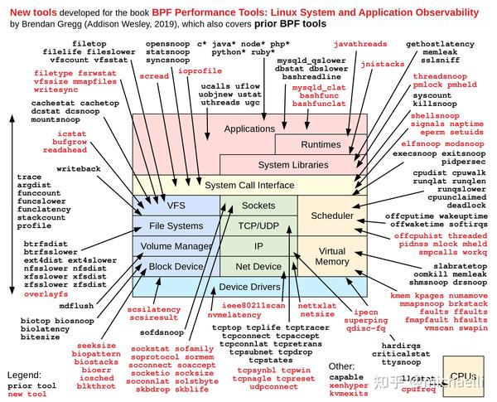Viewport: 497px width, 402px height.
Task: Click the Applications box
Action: [x=248, y=129]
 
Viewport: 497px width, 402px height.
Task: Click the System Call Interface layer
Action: [x=249, y=185]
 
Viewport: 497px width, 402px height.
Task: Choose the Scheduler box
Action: [x=332, y=216]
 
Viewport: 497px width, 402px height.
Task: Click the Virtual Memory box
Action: [x=332, y=256]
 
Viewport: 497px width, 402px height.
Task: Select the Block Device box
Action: [x=176, y=266]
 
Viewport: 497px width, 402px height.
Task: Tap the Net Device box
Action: [x=259, y=266]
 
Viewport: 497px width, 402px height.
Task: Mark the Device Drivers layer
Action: [x=248, y=287]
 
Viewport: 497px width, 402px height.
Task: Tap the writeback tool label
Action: [x=79, y=168]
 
